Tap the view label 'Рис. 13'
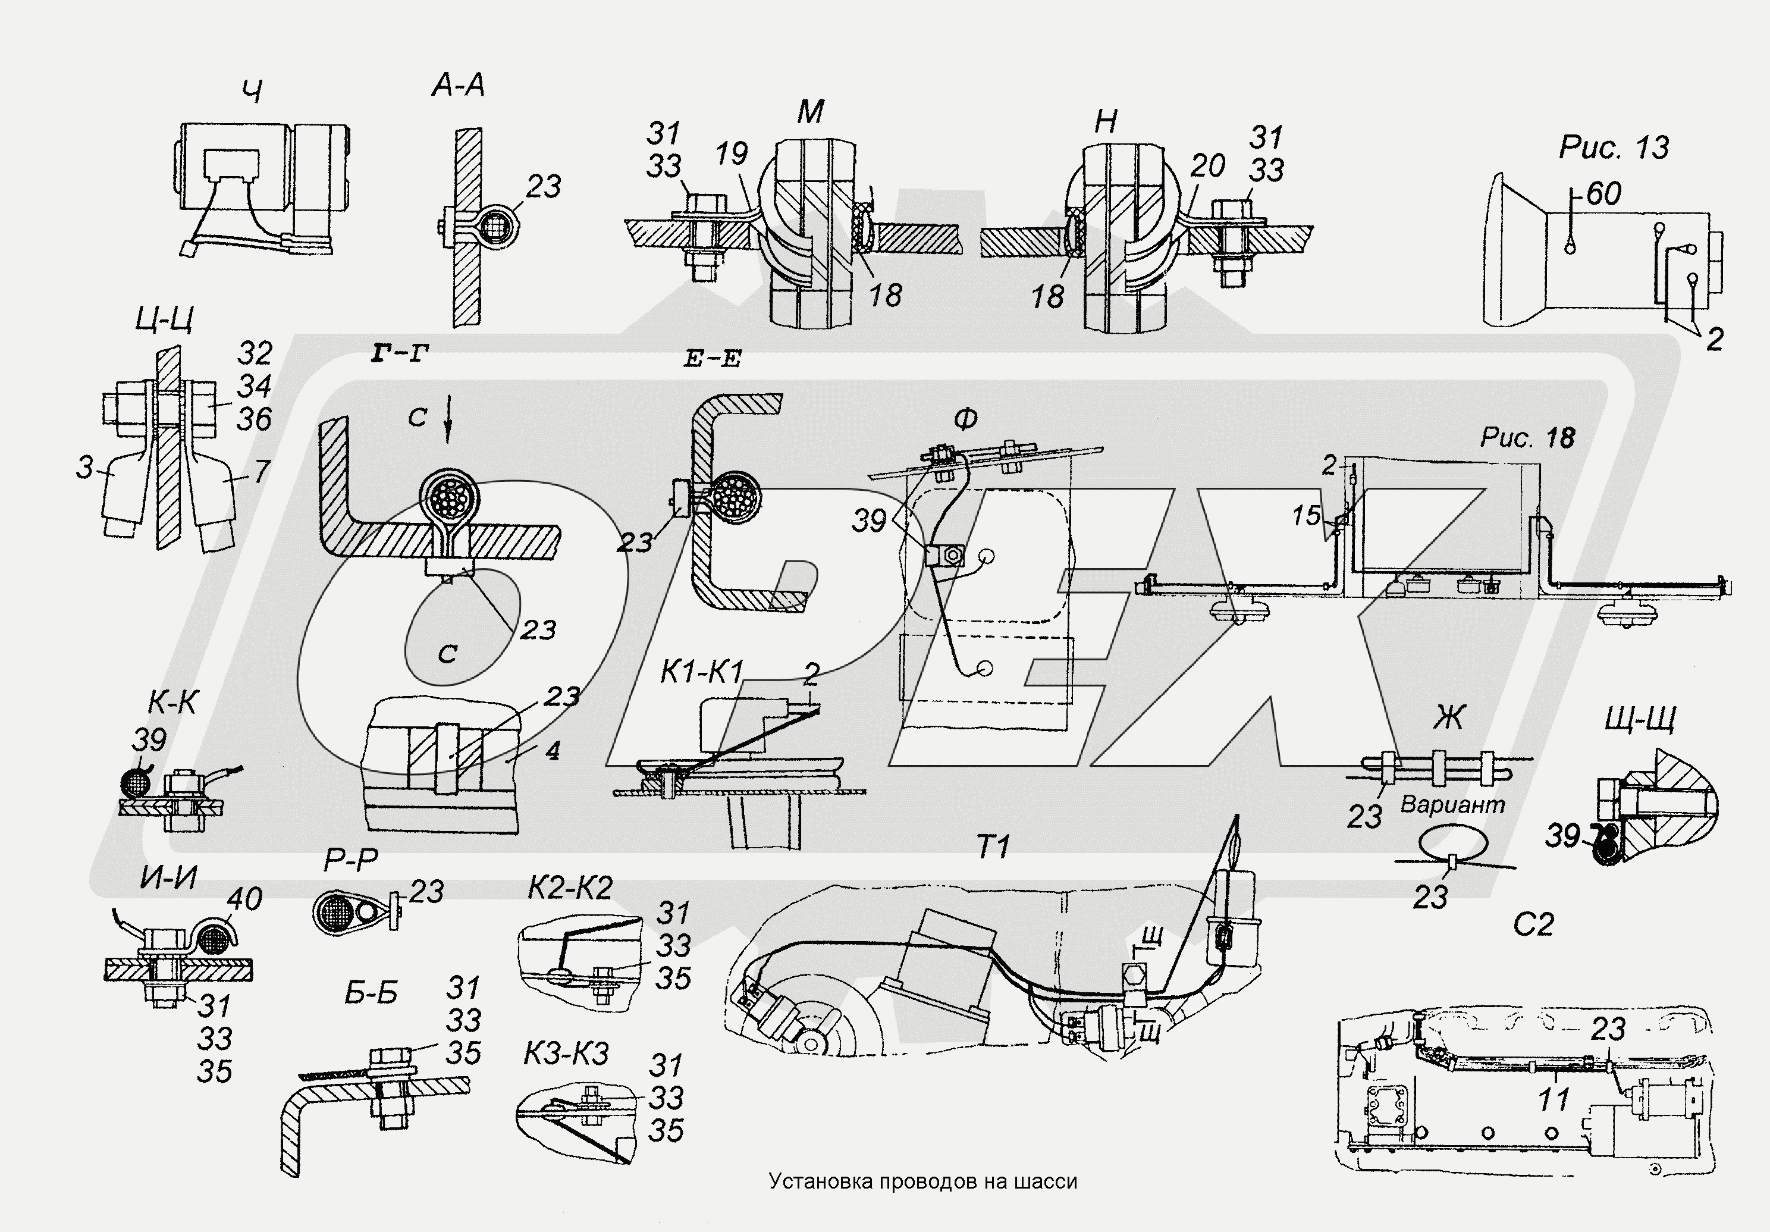point(1614,148)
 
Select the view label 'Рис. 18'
point(1527,438)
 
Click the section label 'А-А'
point(458,86)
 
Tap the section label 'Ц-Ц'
point(164,318)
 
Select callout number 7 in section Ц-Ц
point(261,471)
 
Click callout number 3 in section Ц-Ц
point(85,468)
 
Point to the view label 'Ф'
point(965,419)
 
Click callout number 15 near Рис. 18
point(1307,516)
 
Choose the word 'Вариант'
point(1452,805)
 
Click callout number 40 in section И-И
point(244,899)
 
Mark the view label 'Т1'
point(992,849)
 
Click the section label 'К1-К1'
point(701,673)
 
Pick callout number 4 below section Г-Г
point(551,750)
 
